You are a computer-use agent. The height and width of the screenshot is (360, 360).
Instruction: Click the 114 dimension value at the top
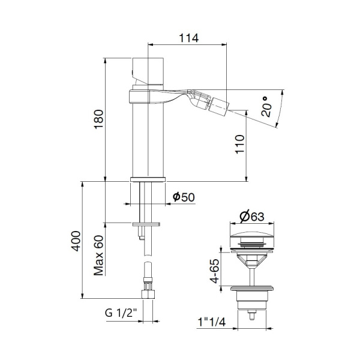coord(188,37)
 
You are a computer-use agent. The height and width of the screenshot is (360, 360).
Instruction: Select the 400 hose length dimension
coord(76,241)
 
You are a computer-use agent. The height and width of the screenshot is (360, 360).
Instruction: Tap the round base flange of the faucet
coord(147,179)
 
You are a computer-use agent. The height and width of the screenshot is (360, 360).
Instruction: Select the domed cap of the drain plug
coord(253,233)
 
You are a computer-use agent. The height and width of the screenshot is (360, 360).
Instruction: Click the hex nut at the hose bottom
coord(148,294)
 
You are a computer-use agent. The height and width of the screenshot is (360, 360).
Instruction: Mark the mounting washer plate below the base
coord(147,224)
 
